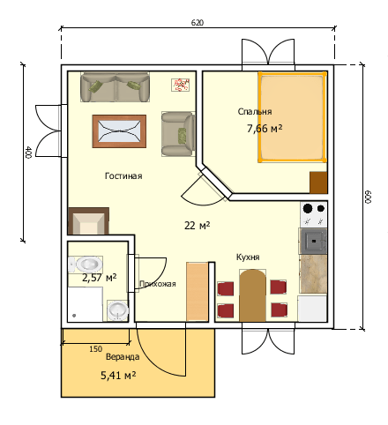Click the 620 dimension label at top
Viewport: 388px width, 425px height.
(x=198, y=23)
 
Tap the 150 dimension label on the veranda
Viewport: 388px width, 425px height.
(x=96, y=349)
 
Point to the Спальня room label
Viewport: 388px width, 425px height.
(x=255, y=112)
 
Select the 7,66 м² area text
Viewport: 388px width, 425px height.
(x=265, y=129)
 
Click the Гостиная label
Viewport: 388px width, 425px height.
(x=123, y=176)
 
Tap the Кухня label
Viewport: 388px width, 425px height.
(x=248, y=257)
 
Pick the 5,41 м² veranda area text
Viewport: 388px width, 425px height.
(x=118, y=376)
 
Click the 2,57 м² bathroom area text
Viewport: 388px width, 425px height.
(x=99, y=278)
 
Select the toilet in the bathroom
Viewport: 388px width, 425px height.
(x=86, y=265)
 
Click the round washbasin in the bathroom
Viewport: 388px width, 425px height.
(x=117, y=310)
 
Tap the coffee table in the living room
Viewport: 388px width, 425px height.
(x=119, y=131)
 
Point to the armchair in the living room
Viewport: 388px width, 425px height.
(x=178, y=134)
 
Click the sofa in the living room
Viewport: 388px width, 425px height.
(x=115, y=87)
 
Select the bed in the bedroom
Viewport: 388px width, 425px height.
(x=293, y=117)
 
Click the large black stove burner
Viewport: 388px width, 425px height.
(x=308, y=208)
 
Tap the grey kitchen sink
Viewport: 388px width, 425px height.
(x=313, y=242)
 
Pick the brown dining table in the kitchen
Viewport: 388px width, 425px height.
(x=252, y=295)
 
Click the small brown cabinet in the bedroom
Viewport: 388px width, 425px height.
(x=318, y=183)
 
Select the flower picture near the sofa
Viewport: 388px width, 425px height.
(x=180, y=85)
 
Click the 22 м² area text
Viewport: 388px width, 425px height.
(x=198, y=226)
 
